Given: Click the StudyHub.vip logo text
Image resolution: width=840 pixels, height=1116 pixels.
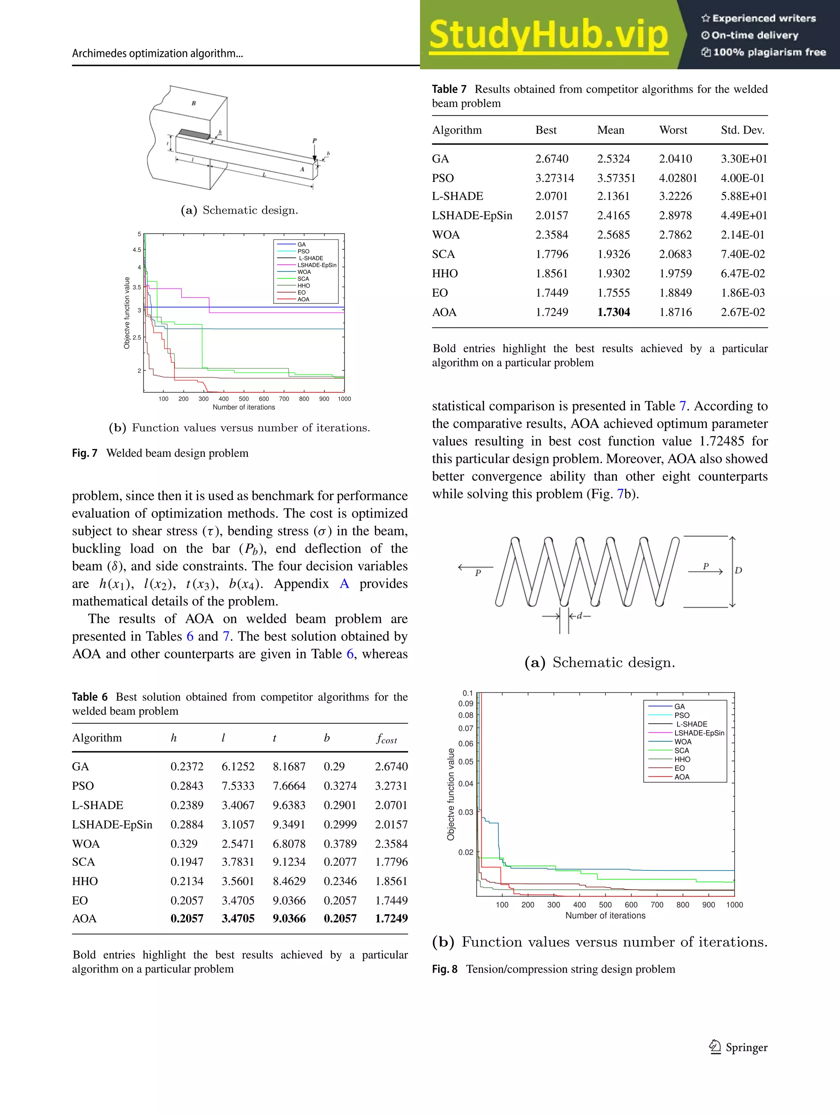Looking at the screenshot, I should tap(548, 35).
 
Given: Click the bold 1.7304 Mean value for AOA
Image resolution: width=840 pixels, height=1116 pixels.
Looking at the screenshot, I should tap(613, 312).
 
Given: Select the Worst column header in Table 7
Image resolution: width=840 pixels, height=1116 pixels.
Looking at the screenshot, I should tap(673, 130).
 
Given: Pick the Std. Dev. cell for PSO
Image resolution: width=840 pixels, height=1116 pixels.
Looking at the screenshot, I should tap(742, 178).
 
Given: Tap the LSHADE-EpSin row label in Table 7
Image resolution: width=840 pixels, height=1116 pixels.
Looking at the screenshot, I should tap(472, 215).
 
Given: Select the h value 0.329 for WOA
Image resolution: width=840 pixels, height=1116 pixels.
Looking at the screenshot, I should tap(184, 843).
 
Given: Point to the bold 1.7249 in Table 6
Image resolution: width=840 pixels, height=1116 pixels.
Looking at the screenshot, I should tap(391, 918).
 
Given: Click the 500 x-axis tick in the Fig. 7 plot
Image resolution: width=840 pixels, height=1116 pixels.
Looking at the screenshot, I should tap(244, 399).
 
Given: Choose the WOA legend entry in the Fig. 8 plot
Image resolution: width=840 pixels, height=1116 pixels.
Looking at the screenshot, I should tap(682, 742).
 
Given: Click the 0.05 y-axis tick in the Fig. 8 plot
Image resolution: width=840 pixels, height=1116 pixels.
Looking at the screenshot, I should tap(466, 761).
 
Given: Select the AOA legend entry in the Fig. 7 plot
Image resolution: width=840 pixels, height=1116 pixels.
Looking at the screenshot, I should tap(303, 299).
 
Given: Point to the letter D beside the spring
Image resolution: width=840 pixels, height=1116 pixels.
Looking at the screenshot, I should tap(738, 571).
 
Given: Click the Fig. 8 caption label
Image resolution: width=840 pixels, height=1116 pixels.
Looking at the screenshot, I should tap(444, 969).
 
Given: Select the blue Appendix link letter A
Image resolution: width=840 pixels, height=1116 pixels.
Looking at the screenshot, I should tap(344, 584).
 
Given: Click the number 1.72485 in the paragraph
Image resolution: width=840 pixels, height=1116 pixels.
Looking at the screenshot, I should tap(721, 441).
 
